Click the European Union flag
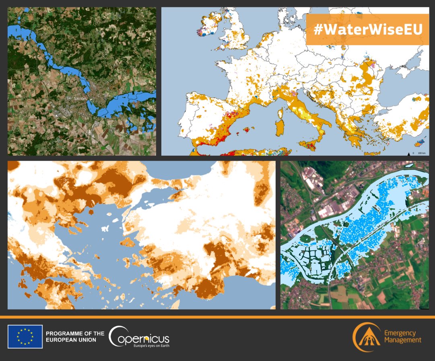[25, 336]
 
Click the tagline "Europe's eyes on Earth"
[151, 345]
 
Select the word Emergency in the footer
[400, 333]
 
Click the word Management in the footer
[403, 340]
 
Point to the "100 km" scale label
[422, 153]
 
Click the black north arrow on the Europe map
[409, 153]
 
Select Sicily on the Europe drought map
[311, 146]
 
